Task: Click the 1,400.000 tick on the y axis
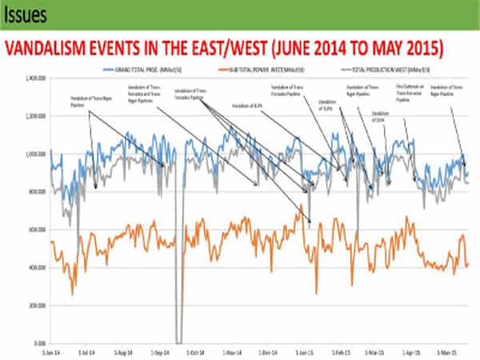click(x=33, y=78)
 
